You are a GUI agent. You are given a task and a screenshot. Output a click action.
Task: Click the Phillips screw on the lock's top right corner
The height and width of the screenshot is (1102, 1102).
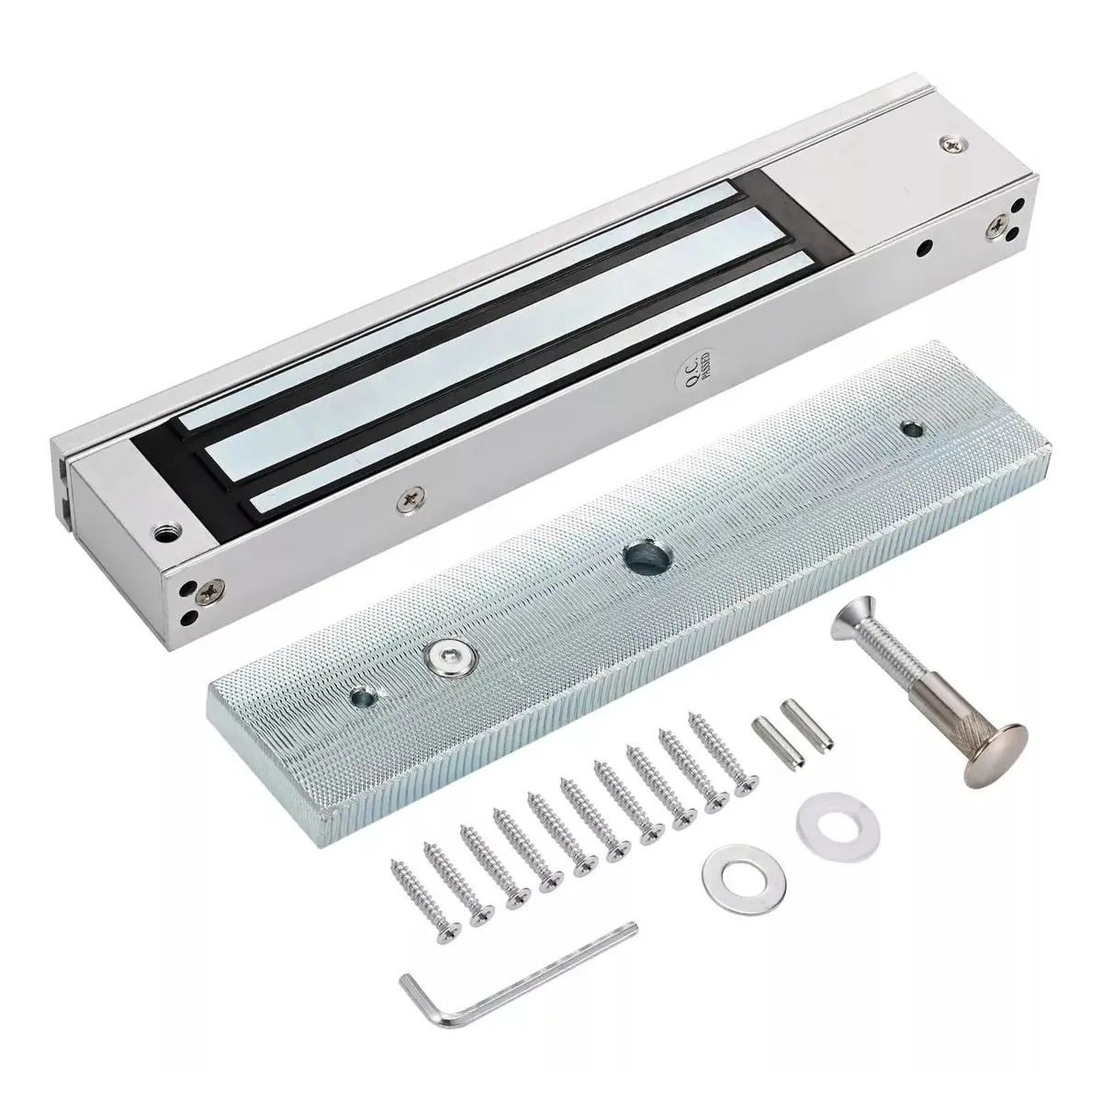click(x=947, y=143)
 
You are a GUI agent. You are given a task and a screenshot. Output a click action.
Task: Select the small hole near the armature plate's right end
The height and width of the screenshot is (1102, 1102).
click(x=912, y=428)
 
